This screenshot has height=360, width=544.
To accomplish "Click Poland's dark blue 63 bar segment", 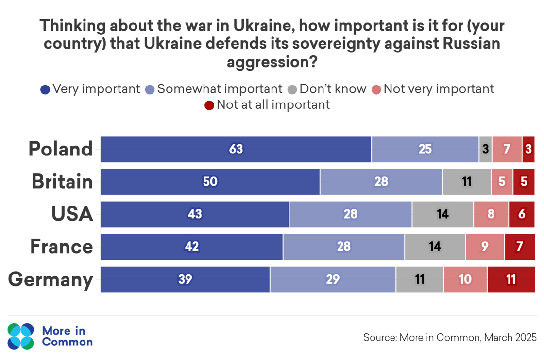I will (x=236, y=149).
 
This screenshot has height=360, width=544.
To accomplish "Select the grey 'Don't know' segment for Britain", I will (x=467, y=182).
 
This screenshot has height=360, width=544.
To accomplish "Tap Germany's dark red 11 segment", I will (x=511, y=279).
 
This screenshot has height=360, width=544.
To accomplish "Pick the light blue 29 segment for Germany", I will (x=333, y=279).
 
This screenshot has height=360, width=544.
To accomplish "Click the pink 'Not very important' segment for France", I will (x=485, y=247).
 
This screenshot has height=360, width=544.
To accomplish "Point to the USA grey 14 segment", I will (x=442, y=214).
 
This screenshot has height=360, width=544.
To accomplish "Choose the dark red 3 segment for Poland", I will (x=528, y=149).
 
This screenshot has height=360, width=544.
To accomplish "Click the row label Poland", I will (x=61, y=149).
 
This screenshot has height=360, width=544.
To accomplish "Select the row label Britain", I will (x=62, y=181).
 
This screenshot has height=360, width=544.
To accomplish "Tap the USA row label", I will (x=72, y=214).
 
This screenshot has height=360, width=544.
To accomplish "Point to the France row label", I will (x=62, y=246).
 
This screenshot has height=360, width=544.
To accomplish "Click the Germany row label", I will (x=51, y=280).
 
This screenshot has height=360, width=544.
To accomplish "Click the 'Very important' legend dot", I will (x=45, y=89).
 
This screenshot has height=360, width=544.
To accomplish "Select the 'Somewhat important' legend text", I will (x=220, y=89).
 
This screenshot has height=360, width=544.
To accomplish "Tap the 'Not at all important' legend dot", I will (x=209, y=105).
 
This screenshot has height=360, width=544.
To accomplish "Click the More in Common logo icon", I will (x=21, y=336).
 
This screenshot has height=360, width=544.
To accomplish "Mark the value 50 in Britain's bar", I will (x=210, y=182).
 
